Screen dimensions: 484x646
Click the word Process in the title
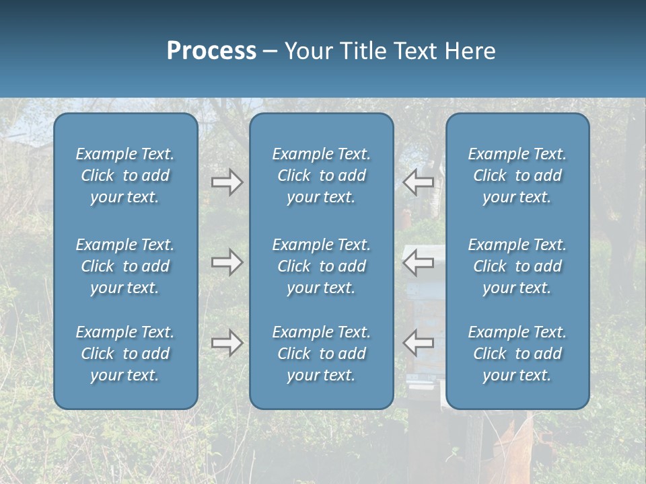211,51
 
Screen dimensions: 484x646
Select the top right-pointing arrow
227,182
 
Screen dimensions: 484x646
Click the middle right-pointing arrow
227,262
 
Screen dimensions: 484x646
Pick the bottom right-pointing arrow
227,343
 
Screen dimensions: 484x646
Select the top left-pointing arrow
419,182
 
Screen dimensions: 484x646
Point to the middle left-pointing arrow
419,262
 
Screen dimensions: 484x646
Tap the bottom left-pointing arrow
419,343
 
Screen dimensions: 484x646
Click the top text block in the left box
125,175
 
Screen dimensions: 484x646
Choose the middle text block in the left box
125,266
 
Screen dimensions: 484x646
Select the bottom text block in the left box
125,354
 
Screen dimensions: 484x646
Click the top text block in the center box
321,175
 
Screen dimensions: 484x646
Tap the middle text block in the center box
321,266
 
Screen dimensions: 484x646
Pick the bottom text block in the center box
321,354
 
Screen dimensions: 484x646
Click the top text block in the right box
517,175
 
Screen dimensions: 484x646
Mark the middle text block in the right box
517,266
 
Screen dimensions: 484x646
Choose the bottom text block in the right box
517,354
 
